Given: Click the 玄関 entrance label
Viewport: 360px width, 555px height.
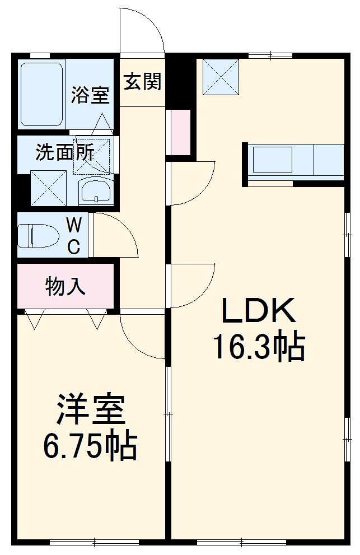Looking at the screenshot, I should [142, 82].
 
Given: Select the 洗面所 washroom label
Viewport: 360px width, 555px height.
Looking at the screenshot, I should [64, 152].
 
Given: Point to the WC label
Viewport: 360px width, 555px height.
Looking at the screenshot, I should [74, 235].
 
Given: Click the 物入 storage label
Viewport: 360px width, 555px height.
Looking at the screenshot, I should [66, 286].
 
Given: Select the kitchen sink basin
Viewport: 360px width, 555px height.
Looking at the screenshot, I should [273, 160].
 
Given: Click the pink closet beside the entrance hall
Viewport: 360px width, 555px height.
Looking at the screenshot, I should [180, 132].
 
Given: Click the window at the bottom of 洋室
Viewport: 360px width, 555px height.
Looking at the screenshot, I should [94, 542].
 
